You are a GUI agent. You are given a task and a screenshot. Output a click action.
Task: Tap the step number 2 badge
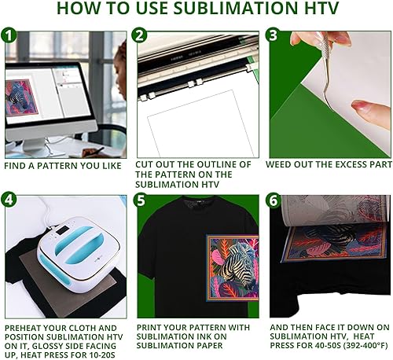tap(141, 36)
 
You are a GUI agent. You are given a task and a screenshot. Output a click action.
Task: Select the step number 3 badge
tap(272, 36)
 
